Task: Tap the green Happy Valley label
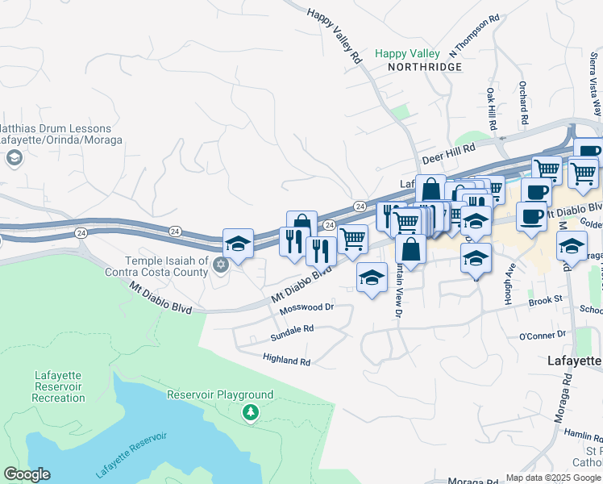[x=408, y=54]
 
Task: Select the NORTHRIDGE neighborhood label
[x=425, y=67]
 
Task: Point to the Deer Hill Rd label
[x=449, y=148]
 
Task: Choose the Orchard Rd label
[x=523, y=102]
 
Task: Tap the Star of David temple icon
[x=219, y=265]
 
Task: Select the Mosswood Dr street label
[x=306, y=308]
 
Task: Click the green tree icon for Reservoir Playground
[x=251, y=413]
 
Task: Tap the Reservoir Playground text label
[x=220, y=395]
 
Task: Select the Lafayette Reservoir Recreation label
[x=60, y=386]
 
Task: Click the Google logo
[x=27, y=474]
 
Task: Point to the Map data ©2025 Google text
[x=553, y=478]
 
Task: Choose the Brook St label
[x=544, y=300]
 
